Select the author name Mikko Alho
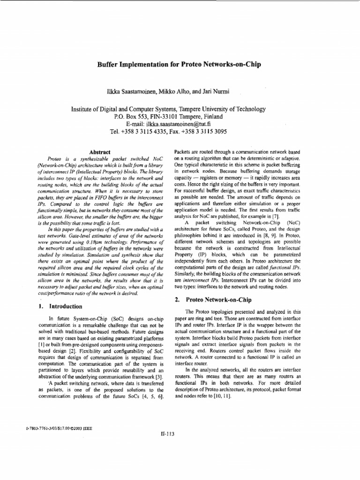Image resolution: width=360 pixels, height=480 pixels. coord(175,89)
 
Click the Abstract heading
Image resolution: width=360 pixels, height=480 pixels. coord(100,152)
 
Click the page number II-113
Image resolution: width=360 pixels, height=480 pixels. coord(167,434)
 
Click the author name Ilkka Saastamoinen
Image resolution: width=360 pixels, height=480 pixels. coord(135,89)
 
